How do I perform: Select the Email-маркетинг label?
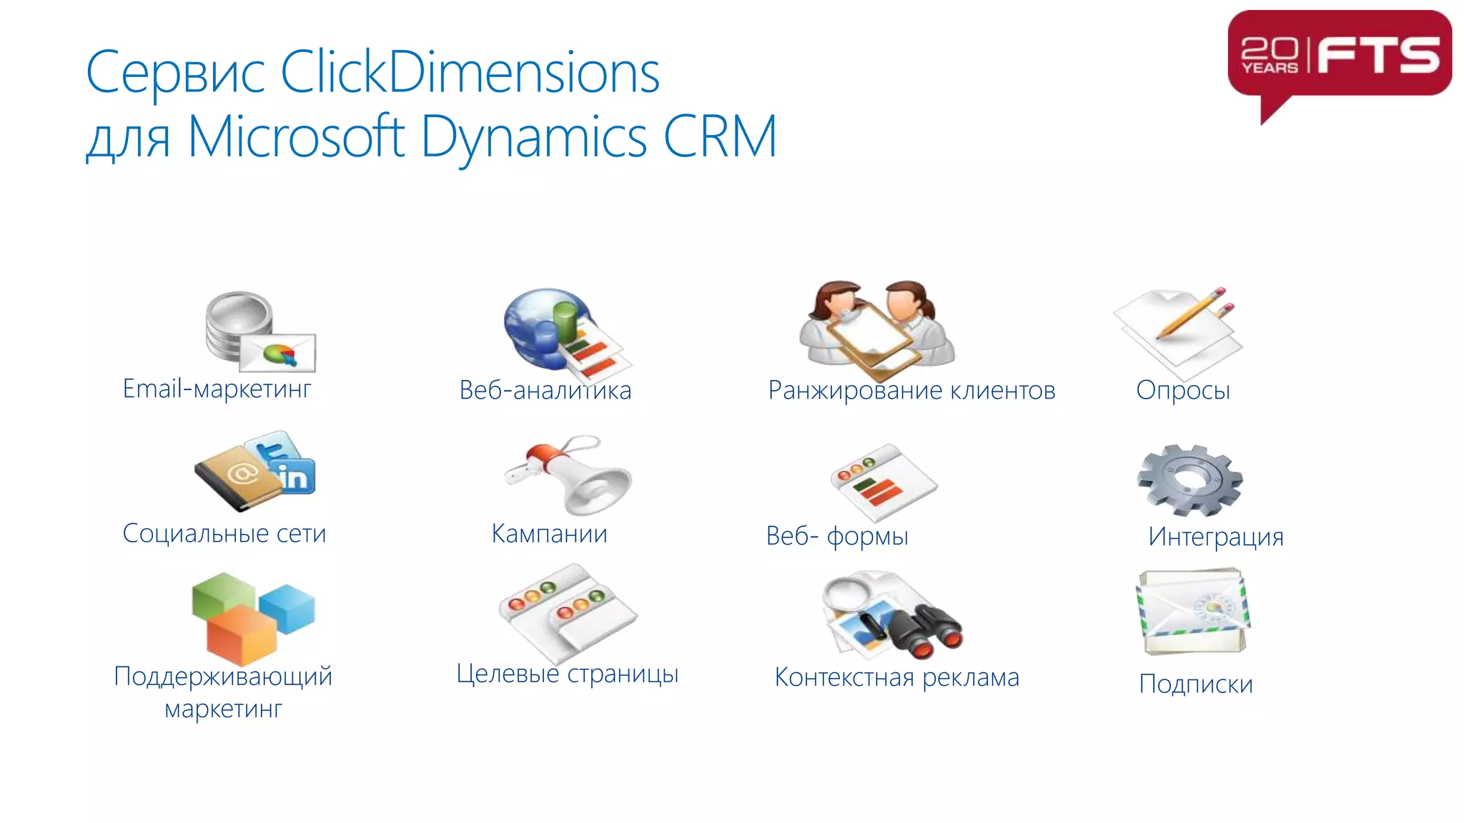point(217,389)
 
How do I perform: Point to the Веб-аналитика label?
point(545,391)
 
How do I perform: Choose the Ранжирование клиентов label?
point(911,391)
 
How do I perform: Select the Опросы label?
point(1182,391)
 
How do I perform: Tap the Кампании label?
point(549,534)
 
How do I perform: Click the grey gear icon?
point(1189,479)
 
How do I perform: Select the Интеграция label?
point(1215,537)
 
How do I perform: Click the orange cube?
point(241,633)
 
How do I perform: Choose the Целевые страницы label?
point(567,674)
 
